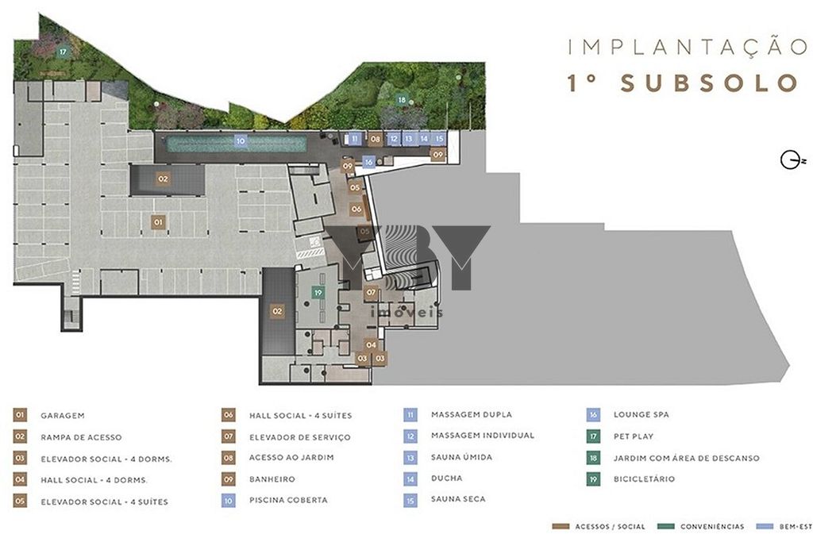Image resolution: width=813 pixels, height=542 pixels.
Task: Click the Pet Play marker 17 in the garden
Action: coord(63,52)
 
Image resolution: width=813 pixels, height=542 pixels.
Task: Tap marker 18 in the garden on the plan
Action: coord(402,99)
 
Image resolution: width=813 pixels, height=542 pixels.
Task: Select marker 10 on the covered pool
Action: coord(240,140)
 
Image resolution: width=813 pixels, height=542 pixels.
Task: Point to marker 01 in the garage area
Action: coord(158,222)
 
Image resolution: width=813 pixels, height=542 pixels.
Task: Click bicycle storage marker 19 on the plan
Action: coord(318,293)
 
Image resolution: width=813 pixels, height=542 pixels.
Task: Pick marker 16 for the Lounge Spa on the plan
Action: coord(368,162)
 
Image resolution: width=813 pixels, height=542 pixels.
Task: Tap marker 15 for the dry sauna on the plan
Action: coord(439,138)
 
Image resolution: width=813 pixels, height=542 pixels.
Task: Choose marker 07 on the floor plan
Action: coord(371,293)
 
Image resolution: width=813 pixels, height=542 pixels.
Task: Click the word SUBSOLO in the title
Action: coord(709,83)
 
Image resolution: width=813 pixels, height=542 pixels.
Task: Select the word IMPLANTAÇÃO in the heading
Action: coord(688,47)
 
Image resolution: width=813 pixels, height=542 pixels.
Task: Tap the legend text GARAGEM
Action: coord(62,416)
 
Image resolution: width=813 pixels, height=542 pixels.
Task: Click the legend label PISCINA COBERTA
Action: coord(288,500)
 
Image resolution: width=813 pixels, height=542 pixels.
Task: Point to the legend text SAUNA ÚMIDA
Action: coord(461,457)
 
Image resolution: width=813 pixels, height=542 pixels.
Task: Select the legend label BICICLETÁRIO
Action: coord(644,479)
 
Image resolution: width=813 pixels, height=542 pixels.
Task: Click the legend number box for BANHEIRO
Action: coord(228,479)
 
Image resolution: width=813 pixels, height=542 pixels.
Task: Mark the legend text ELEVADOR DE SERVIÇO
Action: coord(299,437)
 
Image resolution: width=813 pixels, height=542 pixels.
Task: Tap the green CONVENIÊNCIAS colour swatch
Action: coord(666,526)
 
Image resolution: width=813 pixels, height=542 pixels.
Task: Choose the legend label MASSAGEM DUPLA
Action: coord(472,414)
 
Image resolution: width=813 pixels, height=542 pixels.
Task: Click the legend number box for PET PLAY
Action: coord(593,436)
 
